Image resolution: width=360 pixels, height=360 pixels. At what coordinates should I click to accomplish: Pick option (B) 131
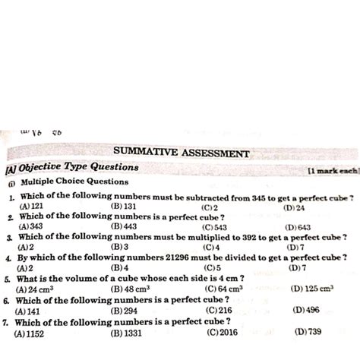pos(123,206)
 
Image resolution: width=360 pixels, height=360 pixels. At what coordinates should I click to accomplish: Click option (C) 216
pos(218,311)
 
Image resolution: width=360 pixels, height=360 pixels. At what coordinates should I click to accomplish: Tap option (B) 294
pos(123,311)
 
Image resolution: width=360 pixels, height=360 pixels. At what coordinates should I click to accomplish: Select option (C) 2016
pos(222,332)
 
